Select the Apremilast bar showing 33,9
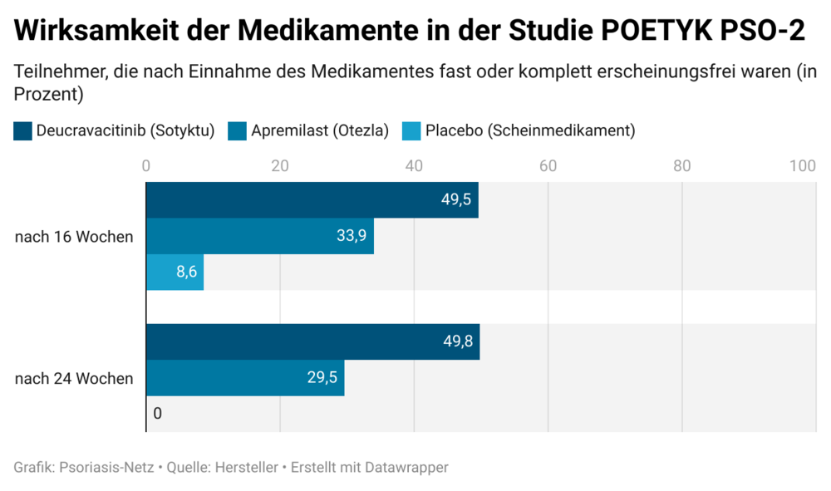pyautogui.click(x=259, y=236)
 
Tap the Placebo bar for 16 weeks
pyautogui.click(x=175, y=272)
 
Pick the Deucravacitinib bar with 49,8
pyautogui.click(x=312, y=342)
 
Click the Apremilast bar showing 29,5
pyautogui.click(x=245, y=378)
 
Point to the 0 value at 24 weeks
pyautogui.click(x=157, y=413)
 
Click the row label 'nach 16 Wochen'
pyautogui.click(x=74, y=237)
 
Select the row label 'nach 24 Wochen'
pyautogui.click(x=74, y=379)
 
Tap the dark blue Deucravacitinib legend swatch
pyautogui.click(x=23, y=130)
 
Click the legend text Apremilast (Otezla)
pyautogui.click(x=320, y=130)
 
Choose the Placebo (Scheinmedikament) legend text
pyautogui.click(x=530, y=130)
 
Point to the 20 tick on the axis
pyautogui.click(x=280, y=165)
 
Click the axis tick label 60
pyautogui.click(x=548, y=165)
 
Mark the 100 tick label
pyautogui.click(x=803, y=165)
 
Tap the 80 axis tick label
pyautogui.click(x=681, y=165)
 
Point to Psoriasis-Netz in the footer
pyautogui.click(x=107, y=468)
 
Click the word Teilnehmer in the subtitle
pyautogui.click(x=58, y=72)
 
